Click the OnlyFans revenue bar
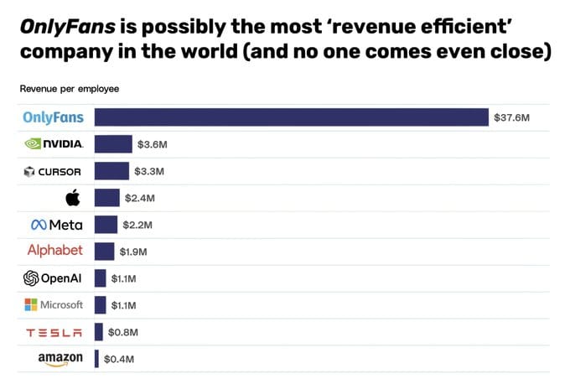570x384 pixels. click(x=291, y=117)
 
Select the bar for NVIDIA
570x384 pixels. click(x=113, y=144)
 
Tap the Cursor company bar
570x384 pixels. click(x=111, y=171)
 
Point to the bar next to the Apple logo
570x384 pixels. click(x=106, y=198)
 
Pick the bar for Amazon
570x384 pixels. click(x=97, y=359)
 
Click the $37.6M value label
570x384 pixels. click(x=512, y=117)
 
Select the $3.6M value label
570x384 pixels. click(x=153, y=144)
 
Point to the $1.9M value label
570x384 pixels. click(x=134, y=252)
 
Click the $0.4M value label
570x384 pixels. click(x=117, y=359)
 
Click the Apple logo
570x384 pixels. click(x=72, y=198)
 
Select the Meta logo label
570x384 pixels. click(x=56, y=225)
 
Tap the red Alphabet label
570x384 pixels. click(x=55, y=251)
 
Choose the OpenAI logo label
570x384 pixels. click(x=53, y=278)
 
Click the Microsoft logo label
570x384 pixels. click(x=54, y=304)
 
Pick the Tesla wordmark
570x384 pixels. click(x=54, y=332)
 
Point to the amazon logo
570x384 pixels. click(x=60, y=359)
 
